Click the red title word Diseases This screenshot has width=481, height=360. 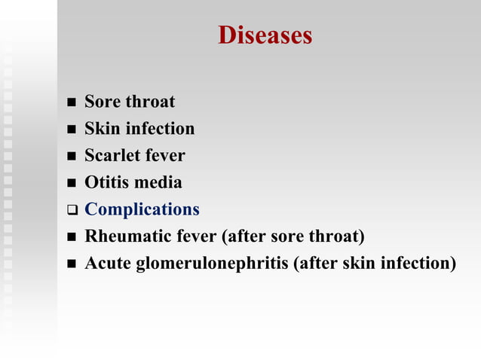tap(265, 35)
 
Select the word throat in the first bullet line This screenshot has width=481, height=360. tap(151, 102)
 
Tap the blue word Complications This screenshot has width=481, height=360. tap(142, 209)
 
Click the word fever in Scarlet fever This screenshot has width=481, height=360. tap(165, 156)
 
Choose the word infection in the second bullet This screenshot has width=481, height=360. tap(160, 129)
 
